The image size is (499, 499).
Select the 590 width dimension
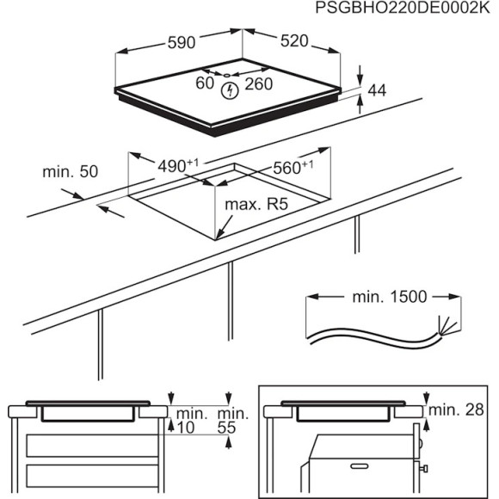pyautogui.click(x=180, y=41)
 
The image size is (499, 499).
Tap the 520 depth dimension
pyautogui.click(x=295, y=41)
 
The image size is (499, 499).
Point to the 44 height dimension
pyautogui.click(x=377, y=89)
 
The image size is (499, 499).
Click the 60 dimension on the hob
pyautogui.click(x=204, y=83)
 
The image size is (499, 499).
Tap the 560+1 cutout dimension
pyautogui.click(x=292, y=168)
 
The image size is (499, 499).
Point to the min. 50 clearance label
pyautogui.click(x=71, y=172)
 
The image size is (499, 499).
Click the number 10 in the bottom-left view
pyautogui.click(x=185, y=427)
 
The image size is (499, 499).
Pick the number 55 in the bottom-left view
pyautogui.click(x=229, y=427)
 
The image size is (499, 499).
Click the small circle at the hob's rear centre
pyautogui.click(x=228, y=74)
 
